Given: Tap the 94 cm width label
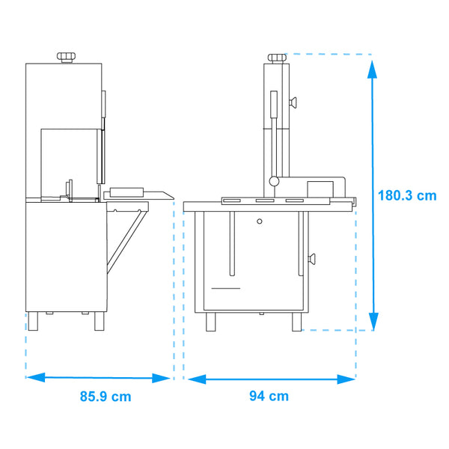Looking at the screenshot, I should click(269, 396).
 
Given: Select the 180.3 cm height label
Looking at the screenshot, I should click(406, 196).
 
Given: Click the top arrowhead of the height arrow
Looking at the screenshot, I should click(372, 69).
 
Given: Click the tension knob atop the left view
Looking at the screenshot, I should click(66, 57).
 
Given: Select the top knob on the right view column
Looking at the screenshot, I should click(276, 57).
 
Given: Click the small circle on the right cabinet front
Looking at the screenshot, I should click(260, 222).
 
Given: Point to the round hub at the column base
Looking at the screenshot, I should click(275, 180).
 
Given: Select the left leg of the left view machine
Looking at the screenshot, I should click(33, 322).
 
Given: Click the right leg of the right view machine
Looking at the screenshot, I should click(297, 322).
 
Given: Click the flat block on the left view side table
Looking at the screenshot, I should click(127, 191).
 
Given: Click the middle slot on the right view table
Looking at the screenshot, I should click(264, 201).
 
